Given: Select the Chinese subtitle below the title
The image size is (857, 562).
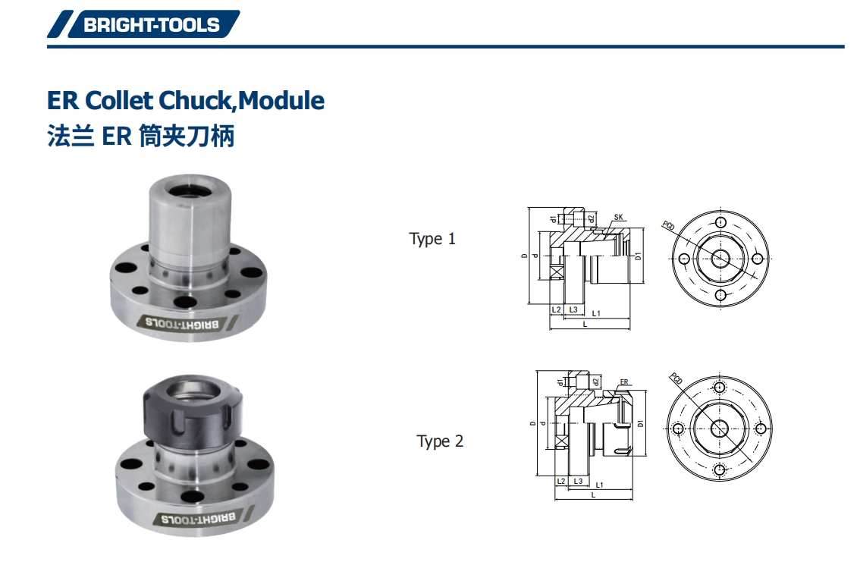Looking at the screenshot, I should point(141,137).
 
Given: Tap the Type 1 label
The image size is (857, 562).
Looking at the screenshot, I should point(432,239).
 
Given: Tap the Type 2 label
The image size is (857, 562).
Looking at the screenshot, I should point(440,441).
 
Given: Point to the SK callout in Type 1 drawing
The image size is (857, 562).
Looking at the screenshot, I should point(618,218).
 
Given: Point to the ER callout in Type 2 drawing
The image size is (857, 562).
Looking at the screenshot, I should point(623,382).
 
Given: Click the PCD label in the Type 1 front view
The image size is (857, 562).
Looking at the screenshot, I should point(668,225).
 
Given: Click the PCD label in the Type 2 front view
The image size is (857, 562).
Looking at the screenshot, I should point(676,378).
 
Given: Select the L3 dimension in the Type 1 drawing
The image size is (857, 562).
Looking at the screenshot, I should point(573,310).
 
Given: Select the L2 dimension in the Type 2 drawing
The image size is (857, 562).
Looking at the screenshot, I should point(561,481).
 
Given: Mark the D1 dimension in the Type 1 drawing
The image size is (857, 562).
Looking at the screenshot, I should point(639,256).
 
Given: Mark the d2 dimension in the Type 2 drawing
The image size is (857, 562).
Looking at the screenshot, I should point(596,381).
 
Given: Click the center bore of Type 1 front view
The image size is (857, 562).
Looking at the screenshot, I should point(720,258).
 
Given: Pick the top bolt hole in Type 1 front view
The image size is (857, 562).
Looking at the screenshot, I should point(720,223).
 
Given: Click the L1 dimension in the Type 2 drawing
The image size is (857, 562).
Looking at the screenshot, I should point(599,484).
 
